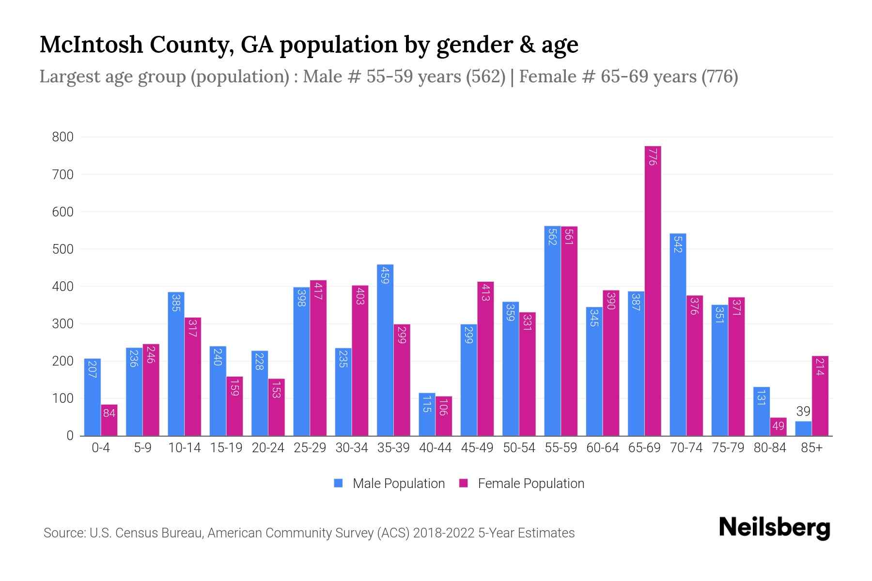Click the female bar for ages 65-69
pyautogui.click(x=653, y=290)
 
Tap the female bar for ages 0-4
pyautogui.click(x=109, y=420)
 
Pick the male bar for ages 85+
pyautogui.click(x=803, y=428)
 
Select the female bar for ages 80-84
pyautogui.click(x=778, y=427)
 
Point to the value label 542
pyautogui.click(x=678, y=244)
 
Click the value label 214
pyautogui.click(x=820, y=367)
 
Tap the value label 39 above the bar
pyautogui.click(x=803, y=412)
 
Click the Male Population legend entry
pyautogui.click(x=389, y=484)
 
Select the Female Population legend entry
pyautogui.click(x=522, y=484)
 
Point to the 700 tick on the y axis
pyautogui.click(x=62, y=174)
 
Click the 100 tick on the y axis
pyautogui.click(x=62, y=398)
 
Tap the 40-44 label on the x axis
pyautogui.click(x=435, y=448)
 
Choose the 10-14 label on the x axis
pyautogui.click(x=184, y=448)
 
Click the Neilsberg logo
pyautogui.click(x=774, y=528)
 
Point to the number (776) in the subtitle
pyautogui.click(x=719, y=76)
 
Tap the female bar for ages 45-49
pyautogui.click(x=485, y=358)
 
